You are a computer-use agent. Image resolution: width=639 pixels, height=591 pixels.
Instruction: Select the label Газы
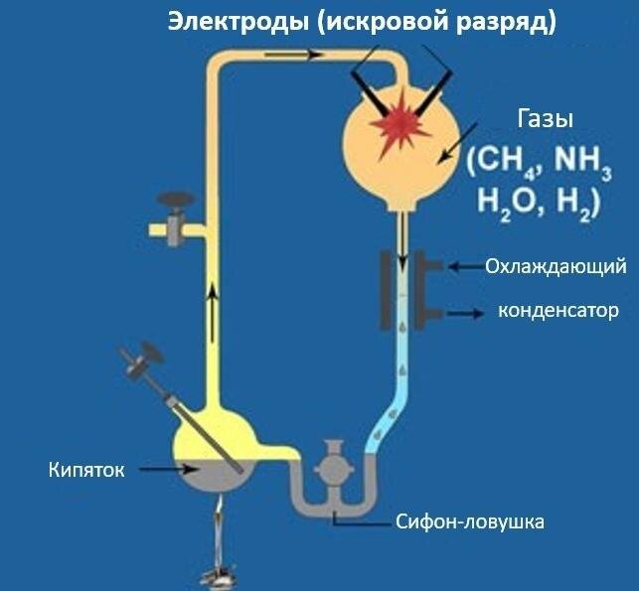tap(545, 122)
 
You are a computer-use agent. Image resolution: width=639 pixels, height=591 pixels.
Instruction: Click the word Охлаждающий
tap(555, 266)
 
